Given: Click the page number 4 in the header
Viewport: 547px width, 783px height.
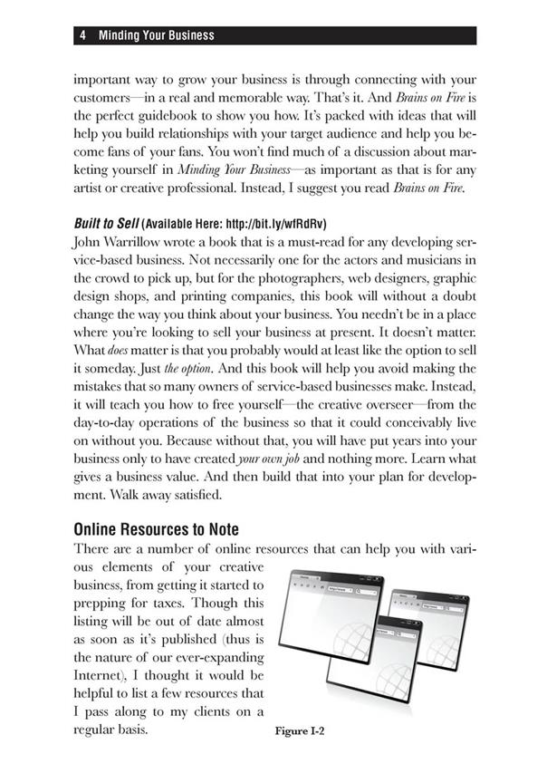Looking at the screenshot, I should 82,36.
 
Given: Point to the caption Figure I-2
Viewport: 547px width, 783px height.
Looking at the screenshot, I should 301,730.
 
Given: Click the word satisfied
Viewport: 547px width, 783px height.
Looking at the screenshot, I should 218,498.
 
